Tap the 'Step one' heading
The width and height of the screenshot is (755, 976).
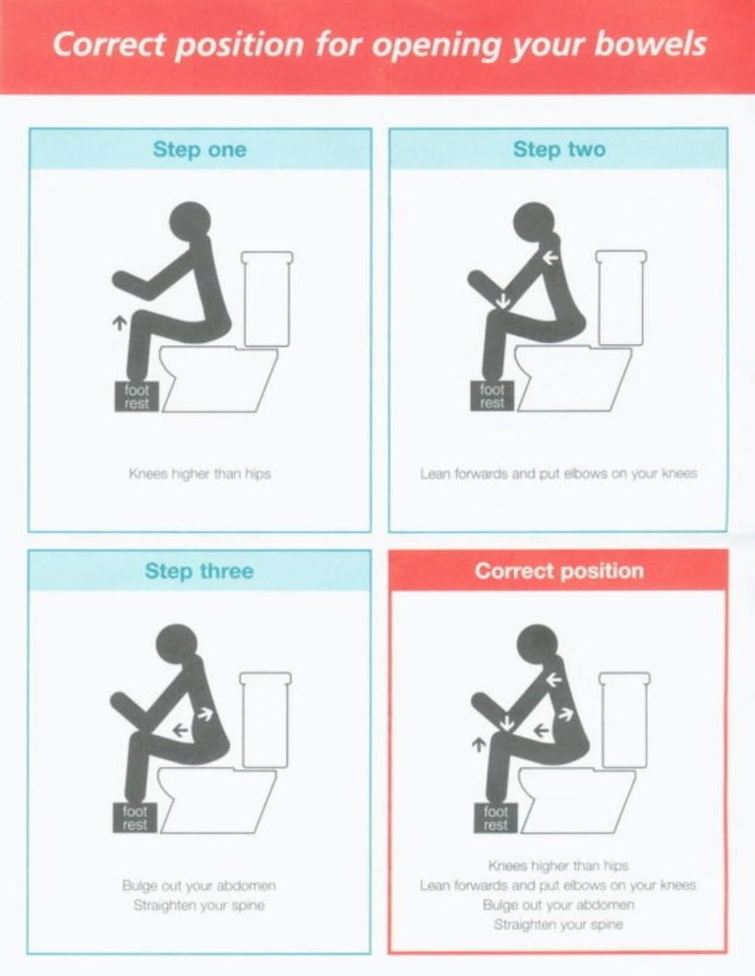coord(200,149)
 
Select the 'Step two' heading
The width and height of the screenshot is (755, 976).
coord(559,149)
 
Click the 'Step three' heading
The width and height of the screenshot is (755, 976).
coord(200,571)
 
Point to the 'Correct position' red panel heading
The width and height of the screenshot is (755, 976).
coord(559,571)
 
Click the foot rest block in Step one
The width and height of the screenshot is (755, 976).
coord(137,396)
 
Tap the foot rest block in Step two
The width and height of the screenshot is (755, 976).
coord(492,396)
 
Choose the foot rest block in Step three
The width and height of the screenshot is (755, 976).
coord(134,818)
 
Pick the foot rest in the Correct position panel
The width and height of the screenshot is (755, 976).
coord(495,818)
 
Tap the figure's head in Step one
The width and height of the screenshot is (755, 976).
coord(190,223)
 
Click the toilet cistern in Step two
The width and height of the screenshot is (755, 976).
coord(621,298)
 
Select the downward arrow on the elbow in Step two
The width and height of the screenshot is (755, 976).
coord(503,301)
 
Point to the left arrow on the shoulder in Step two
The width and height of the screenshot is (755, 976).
coord(551,258)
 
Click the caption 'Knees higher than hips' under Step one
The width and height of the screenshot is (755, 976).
coord(200,474)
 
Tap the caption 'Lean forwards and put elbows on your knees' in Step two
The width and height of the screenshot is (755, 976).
coord(558,473)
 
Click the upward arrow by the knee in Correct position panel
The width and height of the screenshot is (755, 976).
coord(479,745)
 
